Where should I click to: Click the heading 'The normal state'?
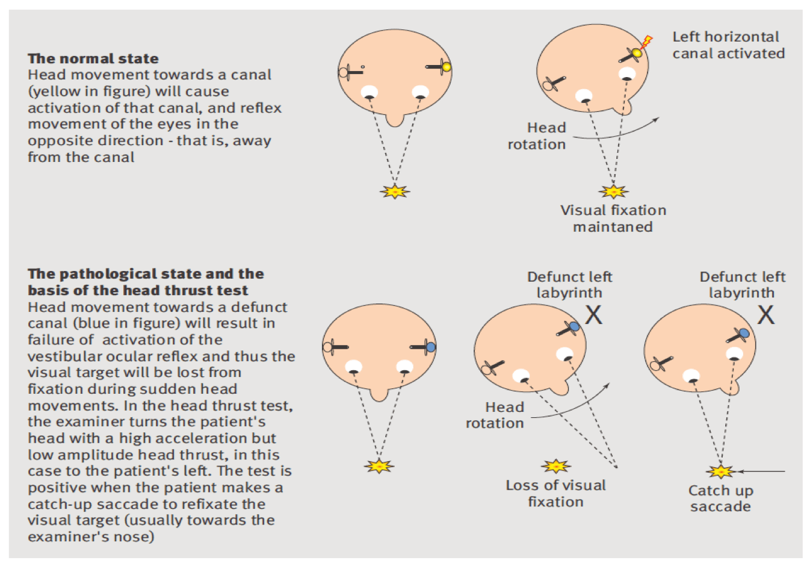coord(93,58)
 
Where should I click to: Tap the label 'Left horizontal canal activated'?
coord(728,45)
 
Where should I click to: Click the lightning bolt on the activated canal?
coord(646,42)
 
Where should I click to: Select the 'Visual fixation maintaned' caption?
coord(613,219)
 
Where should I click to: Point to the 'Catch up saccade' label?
coord(720,499)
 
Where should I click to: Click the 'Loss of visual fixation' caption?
coord(555,494)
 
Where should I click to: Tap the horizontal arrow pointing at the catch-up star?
coord(761,471)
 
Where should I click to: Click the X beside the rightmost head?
coord(765,315)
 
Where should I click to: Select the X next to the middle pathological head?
coord(593,315)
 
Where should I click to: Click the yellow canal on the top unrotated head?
coord(446,67)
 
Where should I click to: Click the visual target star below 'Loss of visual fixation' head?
coord(555,466)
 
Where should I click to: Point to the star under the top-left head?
coord(395,192)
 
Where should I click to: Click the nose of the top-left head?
coord(395,119)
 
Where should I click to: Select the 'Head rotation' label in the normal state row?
coord(537,136)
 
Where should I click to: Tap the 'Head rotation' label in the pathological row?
coord(495,415)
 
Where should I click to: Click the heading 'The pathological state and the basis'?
coord(146,282)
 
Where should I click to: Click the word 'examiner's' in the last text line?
coord(67,536)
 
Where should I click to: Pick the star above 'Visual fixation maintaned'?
coord(613,192)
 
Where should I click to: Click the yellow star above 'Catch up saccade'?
coord(720,471)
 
